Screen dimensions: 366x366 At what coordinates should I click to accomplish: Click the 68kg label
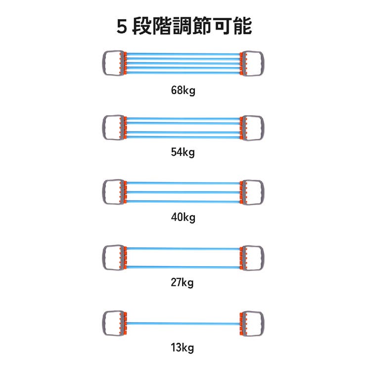click(183, 91)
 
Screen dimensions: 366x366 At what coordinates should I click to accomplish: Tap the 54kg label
click(183, 152)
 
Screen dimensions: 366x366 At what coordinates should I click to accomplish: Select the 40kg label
click(183, 217)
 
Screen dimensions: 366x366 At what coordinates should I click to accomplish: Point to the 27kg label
click(182, 282)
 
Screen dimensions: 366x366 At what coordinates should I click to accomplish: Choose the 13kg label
click(182, 348)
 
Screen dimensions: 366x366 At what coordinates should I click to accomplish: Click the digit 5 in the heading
click(122, 26)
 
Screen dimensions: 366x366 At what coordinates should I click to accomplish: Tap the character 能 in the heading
click(243, 26)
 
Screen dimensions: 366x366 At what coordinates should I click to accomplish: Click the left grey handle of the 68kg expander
click(103, 63)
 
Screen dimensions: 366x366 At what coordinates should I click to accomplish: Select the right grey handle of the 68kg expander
click(263, 63)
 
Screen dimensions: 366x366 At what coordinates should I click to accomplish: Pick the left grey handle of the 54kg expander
click(103, 128)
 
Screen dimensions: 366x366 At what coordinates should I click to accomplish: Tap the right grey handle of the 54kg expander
click(263, 128)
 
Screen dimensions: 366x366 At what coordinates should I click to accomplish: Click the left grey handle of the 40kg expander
click(103, 192)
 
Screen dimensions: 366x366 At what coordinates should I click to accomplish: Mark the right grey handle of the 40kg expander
click(263, 192)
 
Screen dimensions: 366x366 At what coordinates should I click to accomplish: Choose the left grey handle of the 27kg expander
click(103, 258)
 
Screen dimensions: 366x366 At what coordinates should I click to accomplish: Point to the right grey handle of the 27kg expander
click(263, 258)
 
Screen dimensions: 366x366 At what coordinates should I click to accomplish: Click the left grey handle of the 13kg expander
click(103, 323)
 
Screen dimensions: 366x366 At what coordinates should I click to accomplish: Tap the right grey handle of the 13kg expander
click(263, 323)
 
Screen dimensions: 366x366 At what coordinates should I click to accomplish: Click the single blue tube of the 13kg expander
click(183, 323)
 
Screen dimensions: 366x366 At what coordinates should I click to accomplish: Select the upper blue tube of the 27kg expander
click(183, 249)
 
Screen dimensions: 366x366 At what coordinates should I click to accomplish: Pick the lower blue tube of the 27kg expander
click(183, 267)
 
